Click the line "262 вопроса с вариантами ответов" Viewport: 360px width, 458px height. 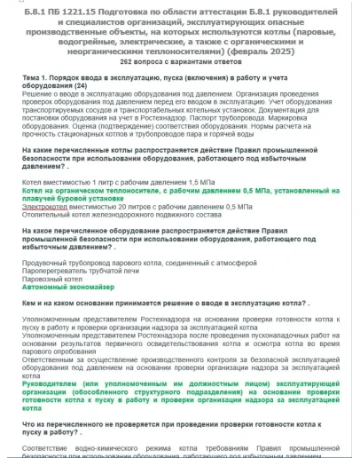click(179, 62)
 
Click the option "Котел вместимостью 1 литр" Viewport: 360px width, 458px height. click(98, 180)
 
